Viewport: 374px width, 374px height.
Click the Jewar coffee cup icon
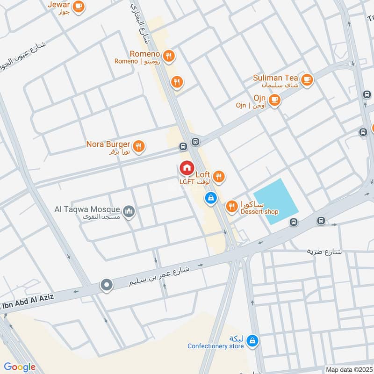pyautogui.click(x=78, y=6)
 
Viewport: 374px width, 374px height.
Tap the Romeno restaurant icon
pyautogui.click(x=169, y=56)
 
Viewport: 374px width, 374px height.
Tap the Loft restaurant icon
pyautogui.click(x=219, y=177)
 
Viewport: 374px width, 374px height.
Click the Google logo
pyautogui.click(x=20, y=367)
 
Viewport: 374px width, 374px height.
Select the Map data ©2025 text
pyautogui.click(x=349, y=369)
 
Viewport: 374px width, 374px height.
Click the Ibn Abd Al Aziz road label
pyautogui.click(x=28, y=297)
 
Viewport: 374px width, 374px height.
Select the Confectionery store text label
pyautogui.click(x=216, y=346)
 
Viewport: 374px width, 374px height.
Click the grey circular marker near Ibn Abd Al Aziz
pyautogui.click(x=107, y=285)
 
